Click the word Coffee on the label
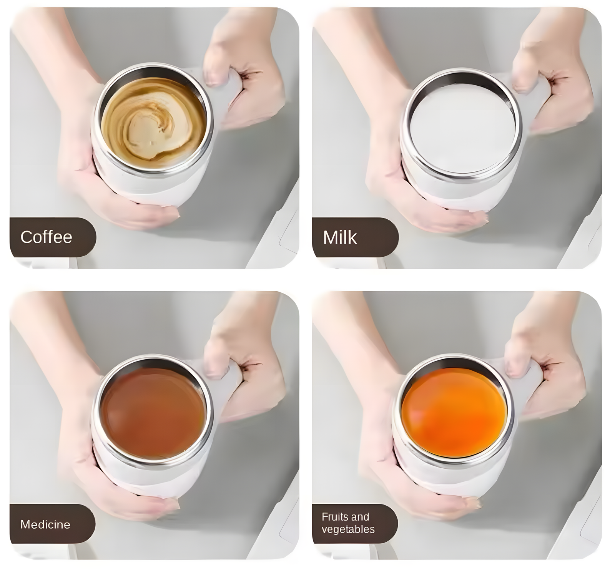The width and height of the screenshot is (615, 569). pyautogui.click(x=46, y=237)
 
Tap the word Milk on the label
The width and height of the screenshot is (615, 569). pyautogui.click(x=340, y=237)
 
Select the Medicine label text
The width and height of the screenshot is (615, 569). pyautogui.click(x=45, y=524)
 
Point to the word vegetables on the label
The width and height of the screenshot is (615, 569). pyautogui.click(x=348, y=529)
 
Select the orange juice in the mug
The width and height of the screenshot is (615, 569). pyautogui.click(x=454, y=411)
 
